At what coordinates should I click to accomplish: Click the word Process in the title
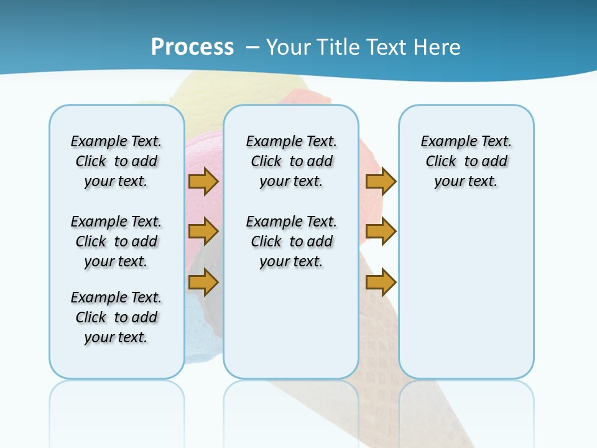pos(192,47)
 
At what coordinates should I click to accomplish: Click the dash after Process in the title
pos(252,47)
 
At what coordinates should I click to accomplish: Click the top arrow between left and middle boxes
pos(203,181)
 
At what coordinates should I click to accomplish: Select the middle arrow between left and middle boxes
pos(203,231)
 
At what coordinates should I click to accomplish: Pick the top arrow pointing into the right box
pos(381,181)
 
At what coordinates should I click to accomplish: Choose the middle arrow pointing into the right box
pos(381,231)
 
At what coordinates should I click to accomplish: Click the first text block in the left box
pos(116,161)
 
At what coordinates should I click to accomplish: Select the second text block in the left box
pos(116,241)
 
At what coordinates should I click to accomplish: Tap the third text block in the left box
pos(116,317)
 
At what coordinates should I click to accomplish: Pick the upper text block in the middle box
pos(291,161)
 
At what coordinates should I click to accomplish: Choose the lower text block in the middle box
pos(291,241)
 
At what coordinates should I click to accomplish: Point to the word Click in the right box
pos(441,162)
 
